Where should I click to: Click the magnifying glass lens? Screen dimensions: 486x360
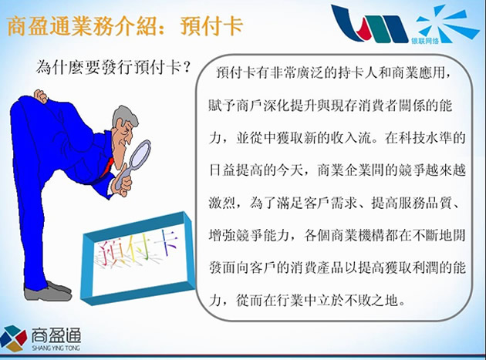tap(140, 154)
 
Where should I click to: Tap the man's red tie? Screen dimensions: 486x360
tap(106, 167)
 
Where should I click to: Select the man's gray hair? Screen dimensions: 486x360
tap(123, 116)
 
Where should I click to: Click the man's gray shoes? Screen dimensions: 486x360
tap(48, 291)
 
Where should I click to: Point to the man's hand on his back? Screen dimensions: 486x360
tap(40, 96)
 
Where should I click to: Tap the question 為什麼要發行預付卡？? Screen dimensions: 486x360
tap(113, 67)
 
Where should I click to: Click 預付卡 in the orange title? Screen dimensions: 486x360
tap(211, 25)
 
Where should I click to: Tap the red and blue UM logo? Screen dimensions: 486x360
tap(369, 23)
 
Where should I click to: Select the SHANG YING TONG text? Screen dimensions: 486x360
tap(56, 348)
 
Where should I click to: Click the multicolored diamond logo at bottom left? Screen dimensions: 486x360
tap(13, 338)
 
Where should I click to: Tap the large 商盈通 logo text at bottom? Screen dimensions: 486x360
tap(56, 335)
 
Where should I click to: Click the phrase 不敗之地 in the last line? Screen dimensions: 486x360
tap(371, 300)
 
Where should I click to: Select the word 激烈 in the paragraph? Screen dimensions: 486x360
tap(222, 204)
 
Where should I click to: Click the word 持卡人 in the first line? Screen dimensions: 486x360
tap(358, 73)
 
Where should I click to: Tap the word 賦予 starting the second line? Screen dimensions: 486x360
tap(222, 106)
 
